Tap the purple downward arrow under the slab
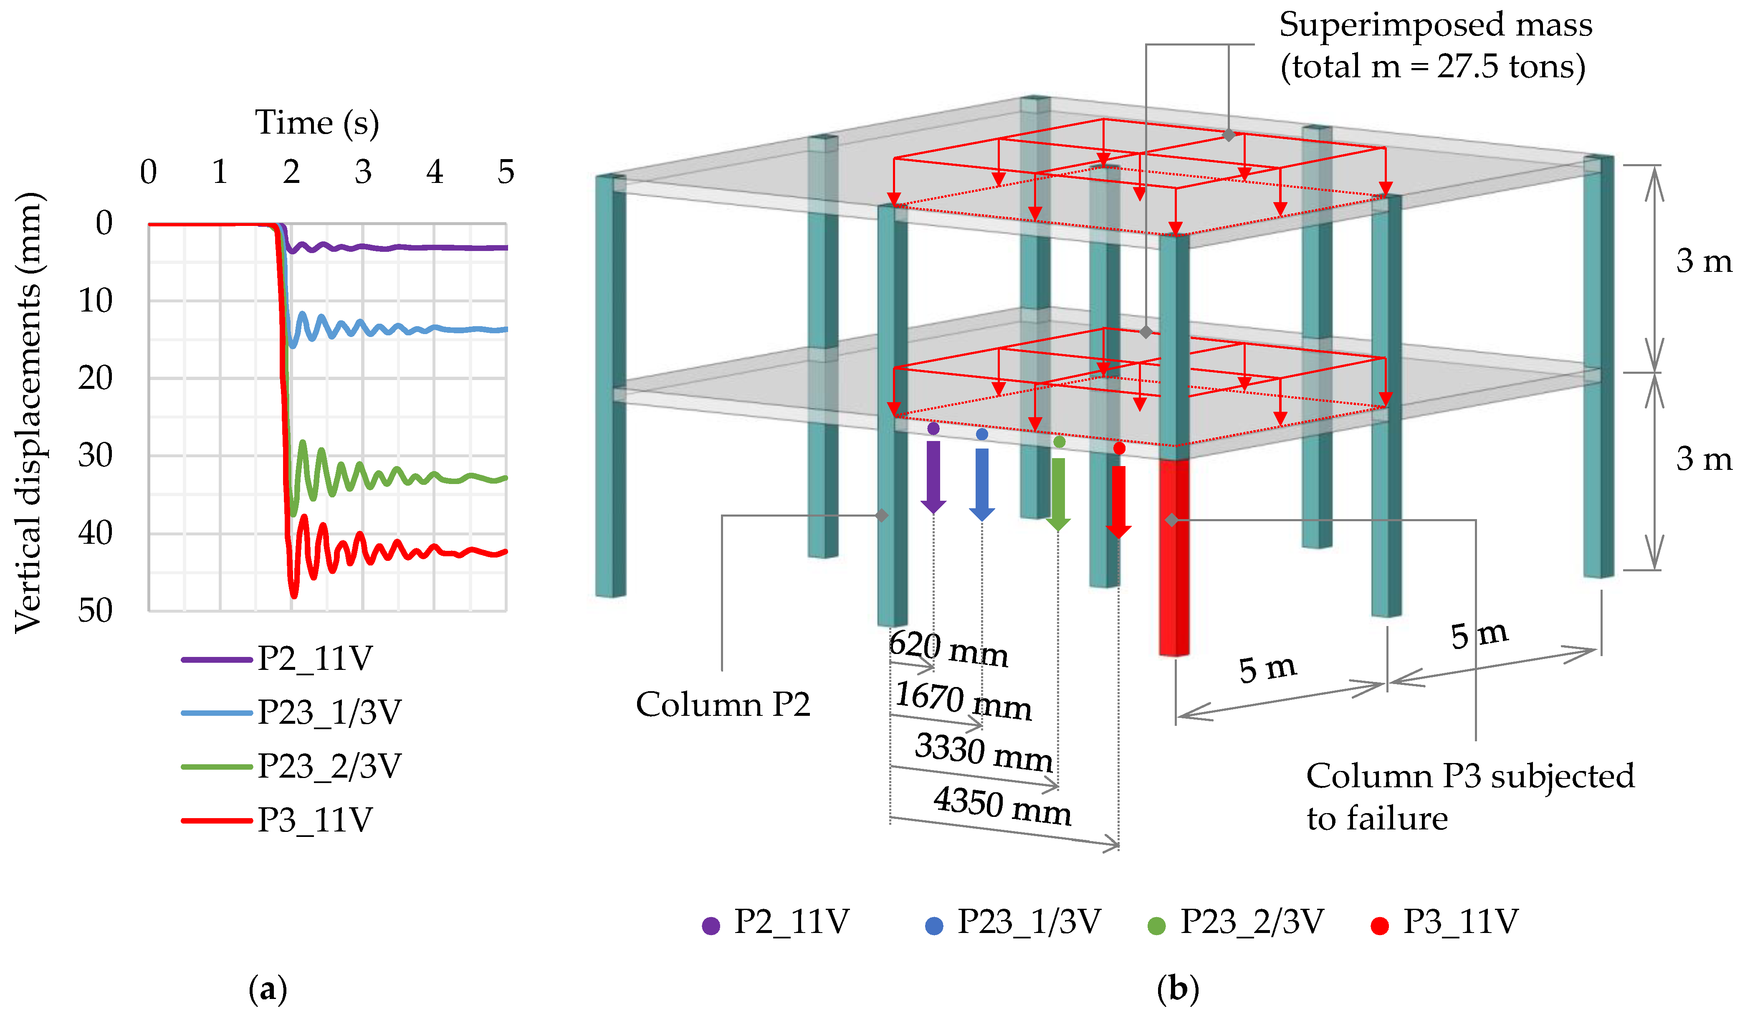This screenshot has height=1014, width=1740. point(933,477)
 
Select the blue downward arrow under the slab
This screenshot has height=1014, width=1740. point(982,484)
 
